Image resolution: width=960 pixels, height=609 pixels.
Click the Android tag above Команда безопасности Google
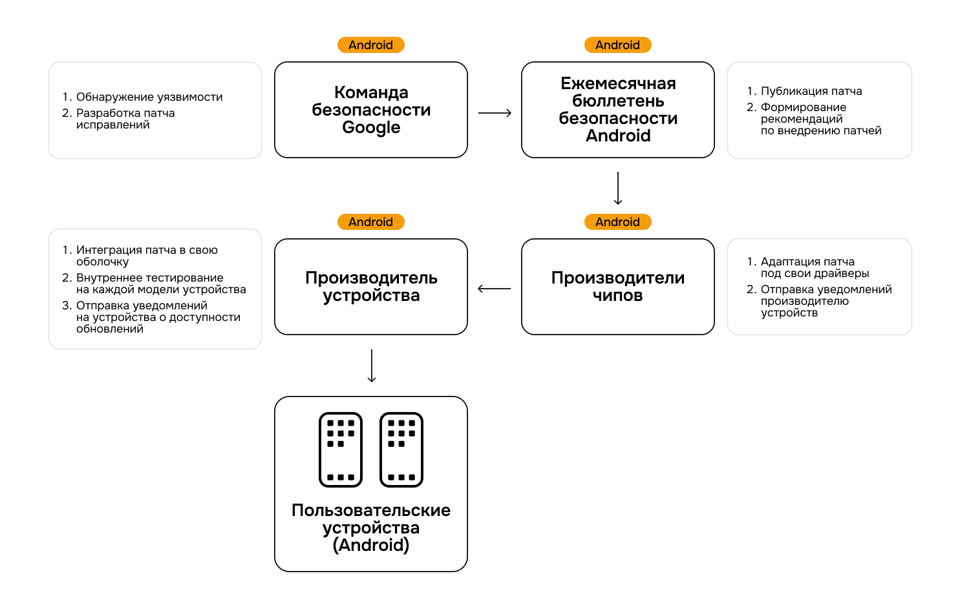[x=370, y=45]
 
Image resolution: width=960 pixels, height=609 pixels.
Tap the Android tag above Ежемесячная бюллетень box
[x=617, y=45]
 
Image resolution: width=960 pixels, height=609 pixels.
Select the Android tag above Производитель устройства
[x=370, y=222]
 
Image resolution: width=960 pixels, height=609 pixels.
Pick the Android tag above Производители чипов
[x=617, y=222]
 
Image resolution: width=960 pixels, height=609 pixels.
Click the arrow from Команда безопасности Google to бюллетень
[x=495, y=113]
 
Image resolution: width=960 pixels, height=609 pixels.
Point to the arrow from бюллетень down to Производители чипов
[x=618, y=188]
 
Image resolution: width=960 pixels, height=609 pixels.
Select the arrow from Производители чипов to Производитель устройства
[x=494, y=289]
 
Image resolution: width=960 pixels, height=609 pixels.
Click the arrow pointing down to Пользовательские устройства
[x=372, y=366]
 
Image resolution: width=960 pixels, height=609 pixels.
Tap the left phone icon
[x=341, y=449]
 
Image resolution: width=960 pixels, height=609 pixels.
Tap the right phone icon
[x=401, y=449]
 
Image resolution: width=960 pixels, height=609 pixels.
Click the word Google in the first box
[x=371, y=128]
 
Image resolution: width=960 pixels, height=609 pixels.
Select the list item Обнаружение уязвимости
[x=149, y=97]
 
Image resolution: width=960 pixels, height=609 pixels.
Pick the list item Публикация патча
[x=811, y=91]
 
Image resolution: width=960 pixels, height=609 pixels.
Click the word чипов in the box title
[x=617, y=296]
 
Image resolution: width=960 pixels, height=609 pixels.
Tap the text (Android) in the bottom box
[x=371, y=545]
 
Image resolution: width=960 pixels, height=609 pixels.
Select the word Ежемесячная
[x=618, y=84]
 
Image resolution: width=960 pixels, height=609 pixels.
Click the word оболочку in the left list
[x=102, y=262]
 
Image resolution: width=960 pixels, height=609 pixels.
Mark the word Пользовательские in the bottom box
[x=371, y=510]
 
